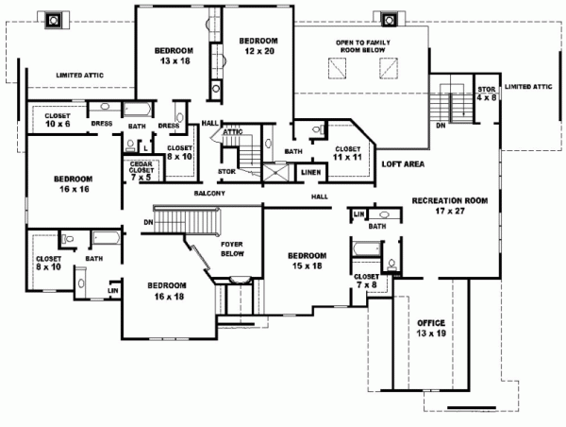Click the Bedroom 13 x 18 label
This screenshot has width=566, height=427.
[174, 55]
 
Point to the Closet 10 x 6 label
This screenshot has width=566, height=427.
[48, 118]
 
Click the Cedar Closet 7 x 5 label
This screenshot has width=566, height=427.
[142, 170]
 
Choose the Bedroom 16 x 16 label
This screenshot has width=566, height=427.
[73, 184]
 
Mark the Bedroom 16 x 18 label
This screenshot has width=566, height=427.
[166, 290]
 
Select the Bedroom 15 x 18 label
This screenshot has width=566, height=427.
[307, 262]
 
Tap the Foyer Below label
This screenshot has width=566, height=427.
[231, 249]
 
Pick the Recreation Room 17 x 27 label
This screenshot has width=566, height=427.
[449, 207]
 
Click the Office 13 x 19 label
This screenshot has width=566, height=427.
[430, 329]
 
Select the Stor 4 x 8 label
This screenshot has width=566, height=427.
[487, 93]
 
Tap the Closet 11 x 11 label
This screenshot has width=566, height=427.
[347, 153]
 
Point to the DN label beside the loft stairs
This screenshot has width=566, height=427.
[440, 123]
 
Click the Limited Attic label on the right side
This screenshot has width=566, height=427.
[527, 87]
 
